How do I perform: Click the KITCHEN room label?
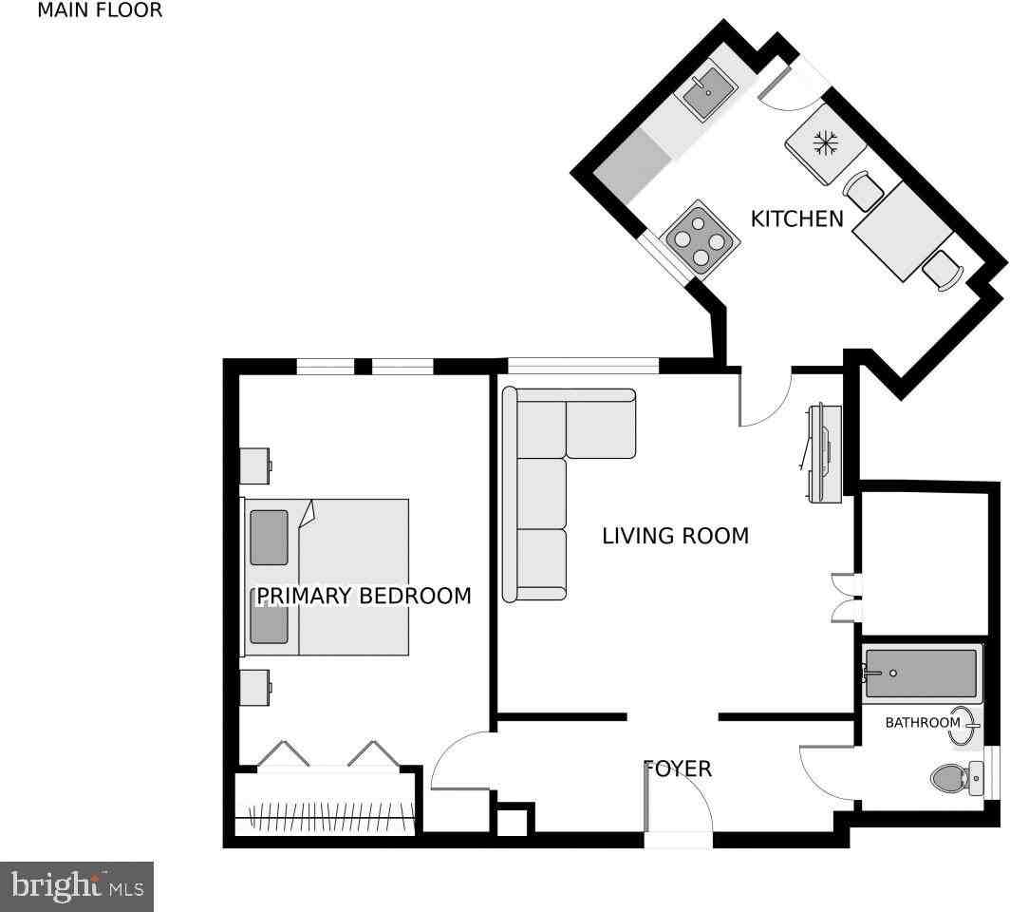[x=796, y=218]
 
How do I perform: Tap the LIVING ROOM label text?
[x=675, y=536]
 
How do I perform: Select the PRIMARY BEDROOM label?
[x=364, y=596]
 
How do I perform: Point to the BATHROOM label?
[x=922, y=723]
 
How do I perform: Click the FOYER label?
[x=678, y=769]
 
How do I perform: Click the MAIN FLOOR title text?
[x=100, y=11]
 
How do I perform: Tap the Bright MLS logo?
[x=77, y=886]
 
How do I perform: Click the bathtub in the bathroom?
[x=921, y=673]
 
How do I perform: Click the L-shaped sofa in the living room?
[x=551, y=475]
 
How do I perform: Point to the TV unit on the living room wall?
[x=822, y=453]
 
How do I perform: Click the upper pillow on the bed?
[x=269, y=538]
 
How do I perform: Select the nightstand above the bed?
[x=254, y=465]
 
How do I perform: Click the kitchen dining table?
[x=902, y=231]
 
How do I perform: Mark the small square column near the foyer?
[x=513, y=821]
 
